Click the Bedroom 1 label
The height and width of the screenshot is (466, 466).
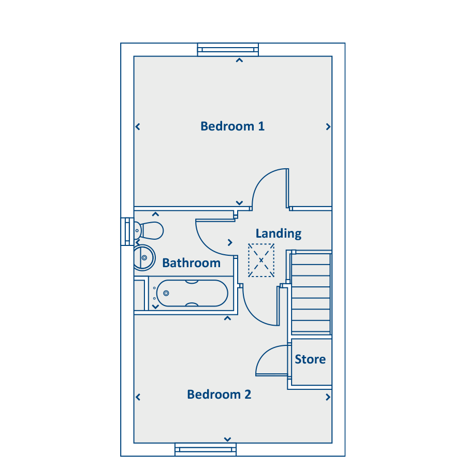point(232,126)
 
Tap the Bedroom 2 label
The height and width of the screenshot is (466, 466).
point(219,395)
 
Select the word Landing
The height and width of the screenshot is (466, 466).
point(279,234)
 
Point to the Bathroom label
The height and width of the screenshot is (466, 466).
point(192,263)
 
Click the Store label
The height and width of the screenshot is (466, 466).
point(310,359)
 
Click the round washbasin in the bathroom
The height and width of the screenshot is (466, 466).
point(144,258)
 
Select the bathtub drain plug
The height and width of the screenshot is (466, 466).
point(166,294)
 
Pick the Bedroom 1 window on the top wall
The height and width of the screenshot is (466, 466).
point(228,50)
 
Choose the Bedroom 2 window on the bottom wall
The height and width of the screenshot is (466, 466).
point(206,449)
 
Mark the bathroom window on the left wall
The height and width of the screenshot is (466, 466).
point(127,231)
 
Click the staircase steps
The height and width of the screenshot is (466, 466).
point(311,293)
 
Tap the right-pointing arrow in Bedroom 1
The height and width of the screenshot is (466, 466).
point(328,127)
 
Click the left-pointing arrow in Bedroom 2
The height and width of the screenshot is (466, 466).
point(138,397)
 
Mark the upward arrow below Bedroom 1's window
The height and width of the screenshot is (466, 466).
point(239,61)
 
